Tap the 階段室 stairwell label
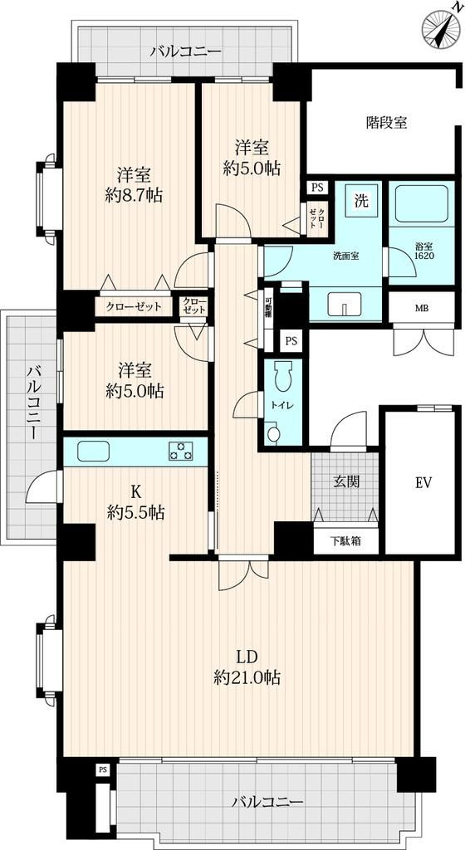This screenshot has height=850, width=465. (386, 123)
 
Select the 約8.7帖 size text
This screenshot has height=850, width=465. (134, 195)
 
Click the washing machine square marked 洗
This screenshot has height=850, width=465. (361, 201)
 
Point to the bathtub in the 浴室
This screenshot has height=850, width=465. (421, 205)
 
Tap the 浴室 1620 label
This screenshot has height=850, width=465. (421, 250)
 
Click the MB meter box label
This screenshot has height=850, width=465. (421, 309)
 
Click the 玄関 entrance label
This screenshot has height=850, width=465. (346, 481)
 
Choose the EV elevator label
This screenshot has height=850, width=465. (423, 481)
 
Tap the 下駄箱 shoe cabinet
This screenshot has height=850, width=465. (345, 540)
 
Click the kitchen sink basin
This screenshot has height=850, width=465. (94, 451)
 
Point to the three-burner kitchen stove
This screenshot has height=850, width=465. (181, 451)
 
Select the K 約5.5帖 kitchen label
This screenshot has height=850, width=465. (136, 502)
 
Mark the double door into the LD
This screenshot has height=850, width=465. (243, 574)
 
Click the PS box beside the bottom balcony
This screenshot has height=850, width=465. (102, 769)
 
